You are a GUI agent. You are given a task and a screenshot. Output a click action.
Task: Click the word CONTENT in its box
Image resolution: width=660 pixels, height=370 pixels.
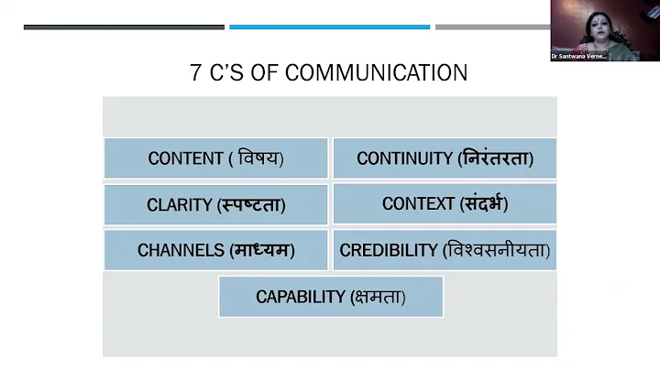coord(186,158)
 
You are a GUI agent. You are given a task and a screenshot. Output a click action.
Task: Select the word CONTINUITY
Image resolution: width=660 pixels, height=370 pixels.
coord(404,158)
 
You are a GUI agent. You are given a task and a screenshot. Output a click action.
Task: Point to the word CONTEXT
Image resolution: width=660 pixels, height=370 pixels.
coord(418,203)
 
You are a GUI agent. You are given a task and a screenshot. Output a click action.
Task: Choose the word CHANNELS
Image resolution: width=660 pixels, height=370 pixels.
coord(180,250)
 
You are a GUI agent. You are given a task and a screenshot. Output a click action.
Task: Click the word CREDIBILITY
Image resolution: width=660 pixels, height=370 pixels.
coord(389,250)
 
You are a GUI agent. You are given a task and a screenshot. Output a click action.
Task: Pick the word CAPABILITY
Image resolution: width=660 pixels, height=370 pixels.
coord(300,297)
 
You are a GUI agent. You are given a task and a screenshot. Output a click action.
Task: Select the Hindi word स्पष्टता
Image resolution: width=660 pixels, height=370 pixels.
coord(252,205)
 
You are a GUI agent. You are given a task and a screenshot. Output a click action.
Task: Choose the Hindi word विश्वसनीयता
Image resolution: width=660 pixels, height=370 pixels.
coord(497,250)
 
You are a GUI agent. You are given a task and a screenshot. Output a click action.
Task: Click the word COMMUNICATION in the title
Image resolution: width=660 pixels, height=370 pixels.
coord(376,73)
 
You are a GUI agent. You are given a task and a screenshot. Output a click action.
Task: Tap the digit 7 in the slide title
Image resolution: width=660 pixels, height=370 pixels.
coord(196,73)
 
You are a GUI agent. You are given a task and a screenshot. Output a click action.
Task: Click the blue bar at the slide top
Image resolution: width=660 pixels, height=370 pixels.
coord(329,27)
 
